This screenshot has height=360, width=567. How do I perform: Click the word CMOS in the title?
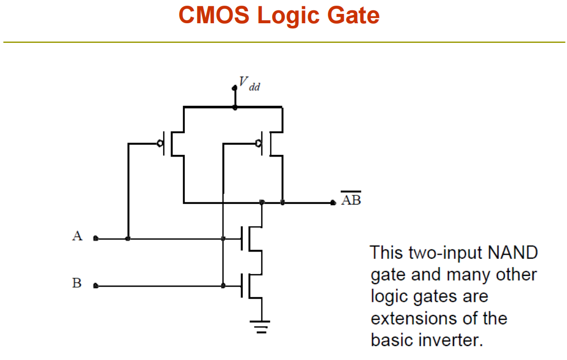214,15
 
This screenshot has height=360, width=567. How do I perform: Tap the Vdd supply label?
249,84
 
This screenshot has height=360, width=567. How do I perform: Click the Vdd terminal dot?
234,88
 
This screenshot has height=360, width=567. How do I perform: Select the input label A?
77,236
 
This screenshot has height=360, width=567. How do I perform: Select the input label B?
76,283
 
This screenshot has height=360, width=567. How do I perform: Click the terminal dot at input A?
96,238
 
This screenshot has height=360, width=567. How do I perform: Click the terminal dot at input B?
96,286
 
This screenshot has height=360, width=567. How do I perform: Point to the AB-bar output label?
351,199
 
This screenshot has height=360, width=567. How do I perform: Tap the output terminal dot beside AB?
333,202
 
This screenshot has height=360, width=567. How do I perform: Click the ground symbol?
260,326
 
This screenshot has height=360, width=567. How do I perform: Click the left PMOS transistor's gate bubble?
160,144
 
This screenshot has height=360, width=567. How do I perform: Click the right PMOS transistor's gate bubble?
258,144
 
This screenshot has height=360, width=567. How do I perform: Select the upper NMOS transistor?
251,239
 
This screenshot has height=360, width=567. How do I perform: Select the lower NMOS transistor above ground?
251,286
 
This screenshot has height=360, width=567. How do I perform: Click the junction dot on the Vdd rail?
235,107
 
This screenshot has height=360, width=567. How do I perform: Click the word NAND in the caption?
513,253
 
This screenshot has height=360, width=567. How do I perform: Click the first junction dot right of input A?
128,239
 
